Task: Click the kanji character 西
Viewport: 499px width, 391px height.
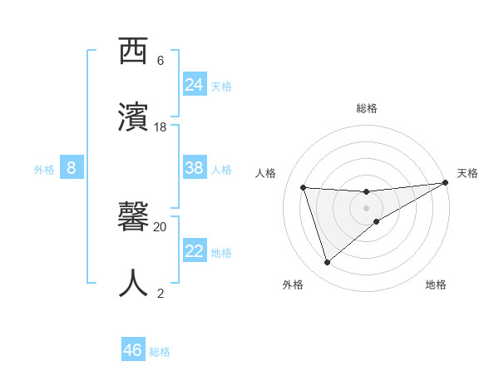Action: click(136, 52)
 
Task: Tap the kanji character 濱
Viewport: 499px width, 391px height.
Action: click(136, 115)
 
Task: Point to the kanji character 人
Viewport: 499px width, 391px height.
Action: click(136, 281)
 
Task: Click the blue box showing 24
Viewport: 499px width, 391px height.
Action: click(195, 84)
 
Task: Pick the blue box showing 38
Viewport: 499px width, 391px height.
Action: click(195, 168)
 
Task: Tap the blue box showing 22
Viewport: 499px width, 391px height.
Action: click(195, 251)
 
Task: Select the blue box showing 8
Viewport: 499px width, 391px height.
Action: click(72, 168)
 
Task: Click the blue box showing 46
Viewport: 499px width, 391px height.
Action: click(133, 350)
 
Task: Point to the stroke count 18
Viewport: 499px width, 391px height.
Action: click(161, 127)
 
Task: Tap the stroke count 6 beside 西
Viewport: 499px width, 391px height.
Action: click(161, 61)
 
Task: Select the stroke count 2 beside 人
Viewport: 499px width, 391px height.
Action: click(161, 293)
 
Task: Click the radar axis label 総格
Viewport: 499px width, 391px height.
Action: click(367, 108)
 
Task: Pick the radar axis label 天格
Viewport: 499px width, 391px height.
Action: click(467, 173)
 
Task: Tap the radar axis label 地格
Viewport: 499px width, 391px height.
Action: click(436, 285)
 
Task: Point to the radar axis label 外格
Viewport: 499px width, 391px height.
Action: click(293, 285)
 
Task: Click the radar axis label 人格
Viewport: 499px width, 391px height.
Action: click(266, 173)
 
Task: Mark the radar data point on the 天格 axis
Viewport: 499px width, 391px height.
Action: click(446, 183)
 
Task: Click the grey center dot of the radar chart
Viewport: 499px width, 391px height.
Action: click(366, 208)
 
